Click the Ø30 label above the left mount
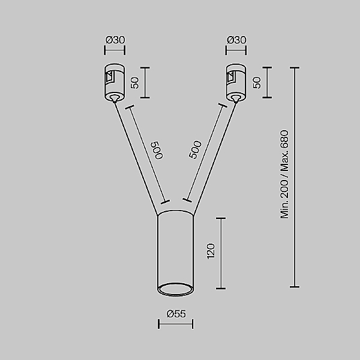coord(115,40)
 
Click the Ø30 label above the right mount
coord(236,40)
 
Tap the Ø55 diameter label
coord(175,313)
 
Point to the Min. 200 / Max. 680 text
coord(285,175)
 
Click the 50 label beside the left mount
coord(135,82)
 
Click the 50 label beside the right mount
coord(257,82)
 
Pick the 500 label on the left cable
coord(157,150)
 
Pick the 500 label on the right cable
coord(195,150)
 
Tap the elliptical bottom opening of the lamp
coord(175,289)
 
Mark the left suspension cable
coord(136,159)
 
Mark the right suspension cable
coord(214,159)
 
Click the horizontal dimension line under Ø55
coord(175,325)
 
